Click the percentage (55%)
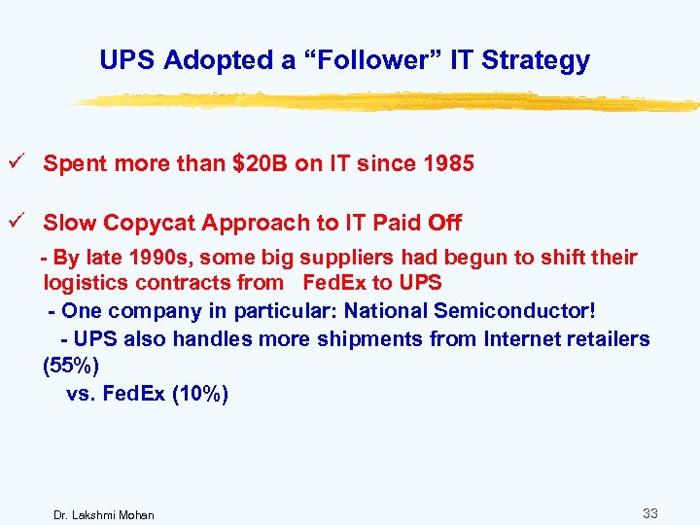(x=70, y=367)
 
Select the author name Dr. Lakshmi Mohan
(x=102, y=513)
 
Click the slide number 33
(x=649, y=511)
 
